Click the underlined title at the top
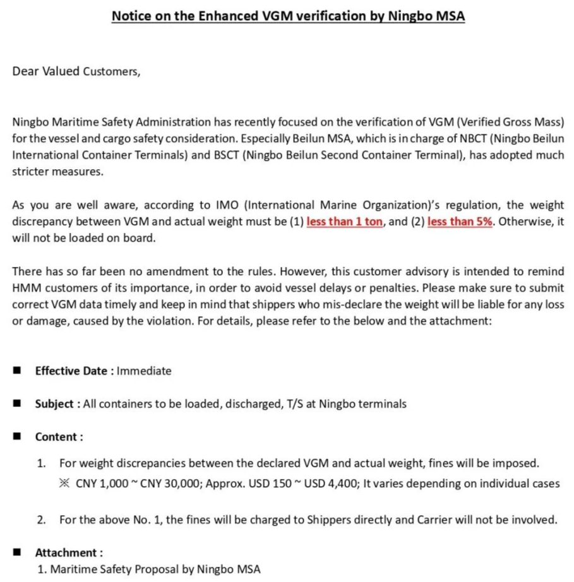[x=288, y=16]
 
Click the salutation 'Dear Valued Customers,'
[x=76, y=71]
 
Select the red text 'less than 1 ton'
[x=344, y=222]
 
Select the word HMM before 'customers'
[x=25, y=288]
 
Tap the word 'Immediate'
[x=144, y=371]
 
